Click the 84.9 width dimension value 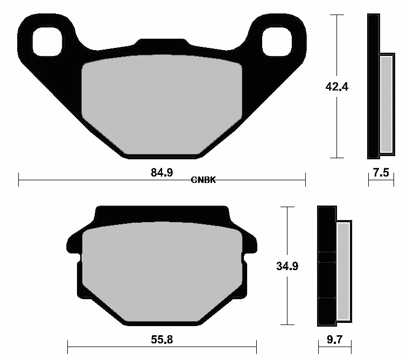(162, 173)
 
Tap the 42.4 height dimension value (336, 87)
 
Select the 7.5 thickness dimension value (381, 173)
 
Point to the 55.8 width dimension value (162, 340)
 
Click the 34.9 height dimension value (287, 266)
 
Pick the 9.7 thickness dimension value (334, 340)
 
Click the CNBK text (203, 180)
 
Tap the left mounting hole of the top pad (47, 41)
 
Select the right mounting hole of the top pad (277, 41)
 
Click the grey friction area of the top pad (162, 104)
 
